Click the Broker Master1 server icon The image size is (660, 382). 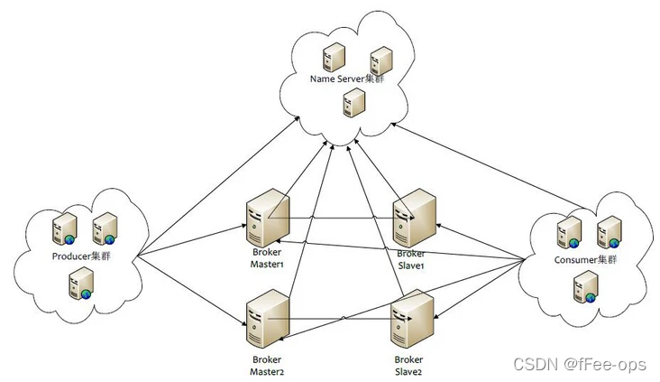point(268,218)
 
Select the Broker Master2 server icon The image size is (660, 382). point(268,319)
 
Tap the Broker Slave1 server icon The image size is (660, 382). point(414,218)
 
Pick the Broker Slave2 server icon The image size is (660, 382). point(413,319)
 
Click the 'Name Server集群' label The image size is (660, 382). point(347,79)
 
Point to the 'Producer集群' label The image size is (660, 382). point(81,256)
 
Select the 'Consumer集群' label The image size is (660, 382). point(585,260)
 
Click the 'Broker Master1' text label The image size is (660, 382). point(267,258)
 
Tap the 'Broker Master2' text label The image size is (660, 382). point(267,366)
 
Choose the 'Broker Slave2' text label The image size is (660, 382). point(408,366)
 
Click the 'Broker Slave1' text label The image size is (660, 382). point(411,260)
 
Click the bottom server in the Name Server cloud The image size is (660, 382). point(354,102)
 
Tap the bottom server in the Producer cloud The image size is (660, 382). point(82,284)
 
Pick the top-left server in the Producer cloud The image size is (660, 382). point(64,229)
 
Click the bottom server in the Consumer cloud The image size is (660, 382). point(585,286)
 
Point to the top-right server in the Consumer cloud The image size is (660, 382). point(609,232)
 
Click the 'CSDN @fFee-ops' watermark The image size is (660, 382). point(579,364)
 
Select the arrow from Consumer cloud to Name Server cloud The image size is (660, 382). point(489,165)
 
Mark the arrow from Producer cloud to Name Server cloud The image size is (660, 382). point(218,186)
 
